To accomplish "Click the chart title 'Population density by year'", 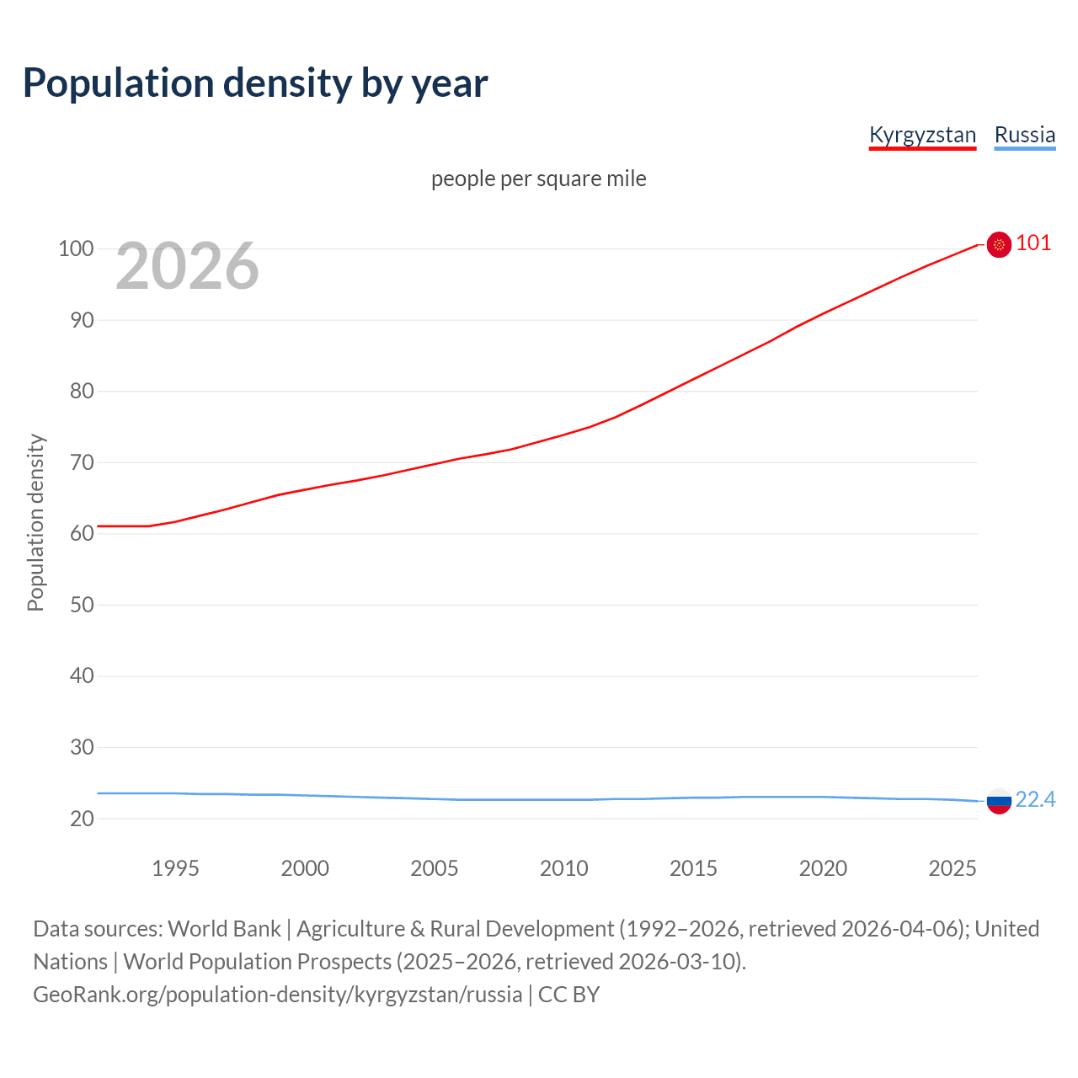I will [255, 83].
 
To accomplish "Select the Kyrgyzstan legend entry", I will [922, 135].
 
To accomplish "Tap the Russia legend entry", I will [1024, 135].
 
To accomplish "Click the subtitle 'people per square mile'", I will [538, 179].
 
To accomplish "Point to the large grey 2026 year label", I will [187, 266].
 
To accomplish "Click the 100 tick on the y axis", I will [76, 248].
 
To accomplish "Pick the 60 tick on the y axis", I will [82, 533].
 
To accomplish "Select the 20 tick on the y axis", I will [82, 818].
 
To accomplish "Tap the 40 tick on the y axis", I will [82, 675].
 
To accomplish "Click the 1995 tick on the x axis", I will [175, 868].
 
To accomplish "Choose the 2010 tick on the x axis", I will [563, 868].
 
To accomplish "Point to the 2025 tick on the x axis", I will [952, 868].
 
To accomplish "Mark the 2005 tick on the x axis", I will [434, 868].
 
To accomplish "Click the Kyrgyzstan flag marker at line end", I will [999, 244].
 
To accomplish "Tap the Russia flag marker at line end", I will [999, 801].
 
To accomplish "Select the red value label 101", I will [1033, 243].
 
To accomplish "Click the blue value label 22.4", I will [1035, 799].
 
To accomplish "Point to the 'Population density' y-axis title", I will [35, 522].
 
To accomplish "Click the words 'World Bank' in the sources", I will [224, 929].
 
